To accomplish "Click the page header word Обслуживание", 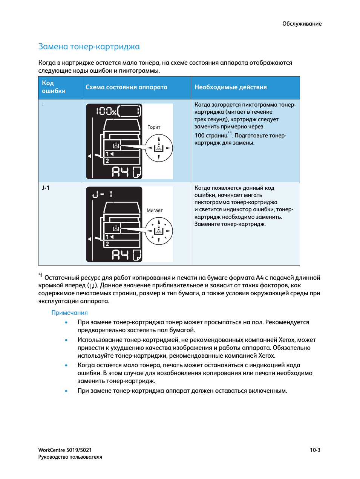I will click(302, 24).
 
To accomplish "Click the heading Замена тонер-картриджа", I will click(89, 47).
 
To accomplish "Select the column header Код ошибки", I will click(54, 87).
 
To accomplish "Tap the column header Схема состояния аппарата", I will click(126, 87).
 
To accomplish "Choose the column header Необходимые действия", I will click(230, 87).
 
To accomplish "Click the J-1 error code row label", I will click(46, 188).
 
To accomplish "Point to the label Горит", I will click(154, 127).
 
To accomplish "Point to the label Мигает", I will click(155, 211).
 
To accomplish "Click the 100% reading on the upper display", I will click(106, 111).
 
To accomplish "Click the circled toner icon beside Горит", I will click(159, 148).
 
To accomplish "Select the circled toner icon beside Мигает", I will click(159, 231).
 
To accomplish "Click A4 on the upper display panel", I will click(120, 172).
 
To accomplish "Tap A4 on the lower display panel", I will click(120, 255).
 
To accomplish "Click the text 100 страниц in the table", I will click(211, 136).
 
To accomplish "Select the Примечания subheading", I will click(69, 313).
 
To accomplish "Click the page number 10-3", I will click(315, 450).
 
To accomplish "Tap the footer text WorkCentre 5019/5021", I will click(65, 450).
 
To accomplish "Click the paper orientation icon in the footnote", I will click(92, 286).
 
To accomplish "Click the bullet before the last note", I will click(66, 391).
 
